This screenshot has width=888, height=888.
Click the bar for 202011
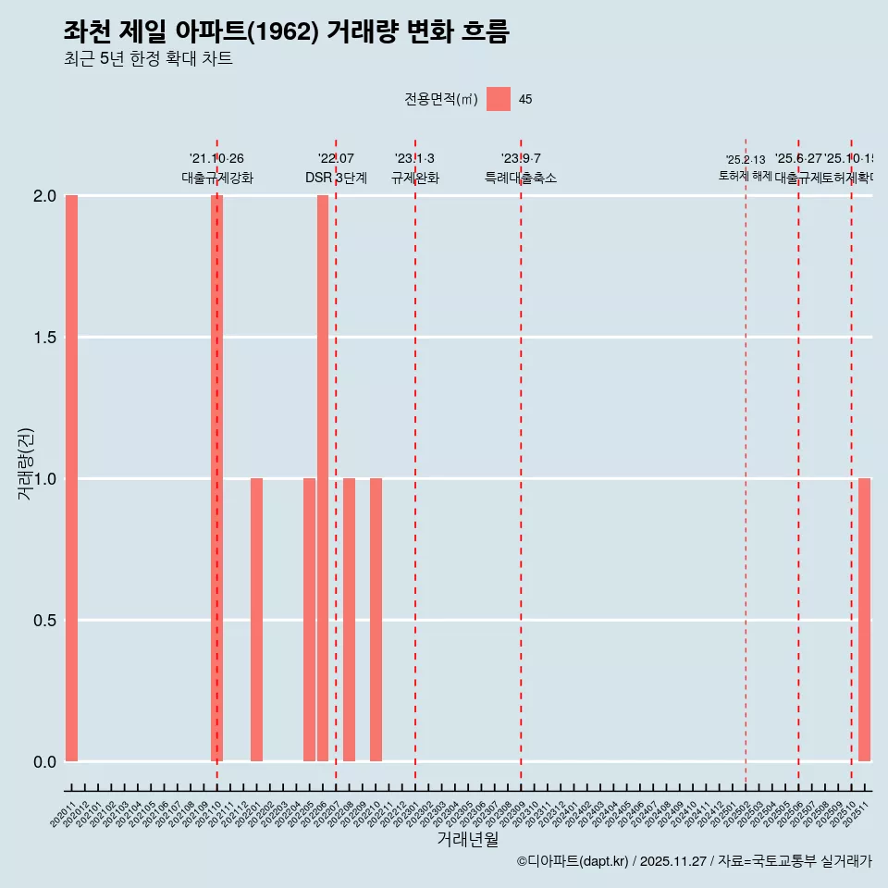click(71, 478)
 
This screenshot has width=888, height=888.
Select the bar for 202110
click(216, 478)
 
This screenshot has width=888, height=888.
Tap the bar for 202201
click(256, 620)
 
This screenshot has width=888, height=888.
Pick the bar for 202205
click(309, 620)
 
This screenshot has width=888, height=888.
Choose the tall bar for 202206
click(323, 478)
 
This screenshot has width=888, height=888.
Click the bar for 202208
click(349, 620)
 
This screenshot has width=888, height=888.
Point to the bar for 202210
click(376, 620)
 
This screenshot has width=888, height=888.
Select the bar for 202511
click(864, 620)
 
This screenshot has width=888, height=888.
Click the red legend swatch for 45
click(499, 99)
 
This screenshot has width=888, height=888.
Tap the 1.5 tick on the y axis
click(44, 338)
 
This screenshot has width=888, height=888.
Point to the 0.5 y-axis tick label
click(44, 621)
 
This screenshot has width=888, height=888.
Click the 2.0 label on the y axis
click(44, 196)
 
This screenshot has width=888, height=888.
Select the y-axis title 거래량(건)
click(25, 463)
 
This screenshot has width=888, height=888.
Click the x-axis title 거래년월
click(467, 839)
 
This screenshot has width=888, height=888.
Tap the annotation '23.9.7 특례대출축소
click(521, 168)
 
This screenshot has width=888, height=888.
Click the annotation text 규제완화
click(414, 179)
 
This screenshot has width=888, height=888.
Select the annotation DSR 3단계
click(336, 179)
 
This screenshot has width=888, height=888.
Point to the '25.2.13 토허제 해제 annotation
click(746, 168)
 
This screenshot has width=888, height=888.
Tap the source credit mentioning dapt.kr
click(694, 861)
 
